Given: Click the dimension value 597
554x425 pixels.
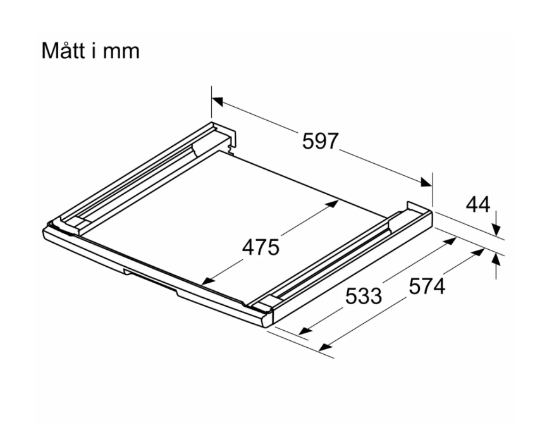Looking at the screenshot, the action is tap(320, 140).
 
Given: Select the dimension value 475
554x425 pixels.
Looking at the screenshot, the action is tap(261, 247).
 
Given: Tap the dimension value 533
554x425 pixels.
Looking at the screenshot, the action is tap(364, 296).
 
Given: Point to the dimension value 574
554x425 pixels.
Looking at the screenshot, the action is tap(427, 286).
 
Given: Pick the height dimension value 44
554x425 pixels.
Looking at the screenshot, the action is tap(478, 204).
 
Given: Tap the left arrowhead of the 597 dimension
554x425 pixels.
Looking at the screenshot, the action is tap(218, 101).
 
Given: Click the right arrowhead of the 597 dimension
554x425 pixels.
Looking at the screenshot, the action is tap(426, 182).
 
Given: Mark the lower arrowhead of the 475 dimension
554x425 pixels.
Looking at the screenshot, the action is tap(207, 281).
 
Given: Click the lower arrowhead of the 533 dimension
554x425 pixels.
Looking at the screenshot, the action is tap(305, 331).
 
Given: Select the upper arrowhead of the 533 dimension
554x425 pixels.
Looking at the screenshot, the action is tap(450, 241).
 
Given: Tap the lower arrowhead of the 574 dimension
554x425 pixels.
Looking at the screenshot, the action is tap(325, 347).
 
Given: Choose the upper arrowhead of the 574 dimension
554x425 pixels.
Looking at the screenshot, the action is tap(478, 252).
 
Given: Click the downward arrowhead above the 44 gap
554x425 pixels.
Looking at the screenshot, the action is tap(496, 230).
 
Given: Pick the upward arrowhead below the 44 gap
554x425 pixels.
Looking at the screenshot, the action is tap(496, 261).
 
